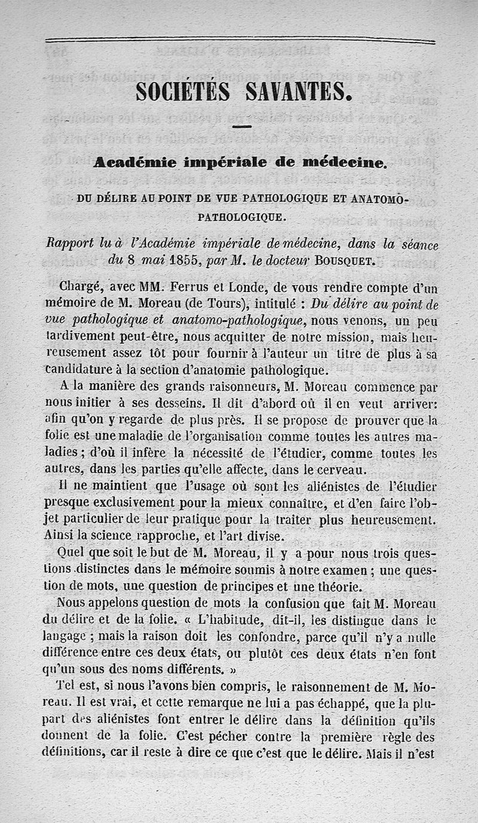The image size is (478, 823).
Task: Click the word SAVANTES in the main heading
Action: coord(296,91)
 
